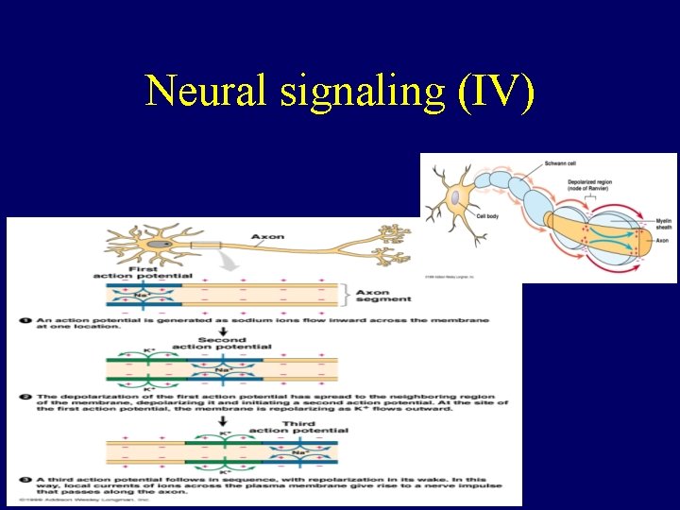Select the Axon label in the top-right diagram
(663, 241)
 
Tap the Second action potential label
(222, 343)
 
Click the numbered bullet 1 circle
(25, 321)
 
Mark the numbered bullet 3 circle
(25, 479)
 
